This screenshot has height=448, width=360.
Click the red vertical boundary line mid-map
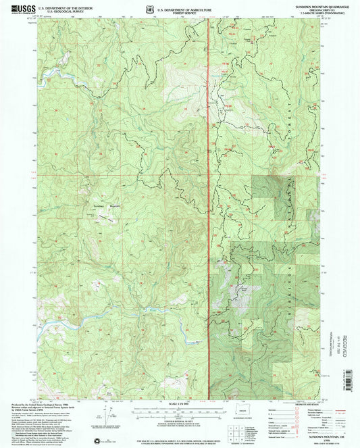pyautogui.click(x=209, y=203)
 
